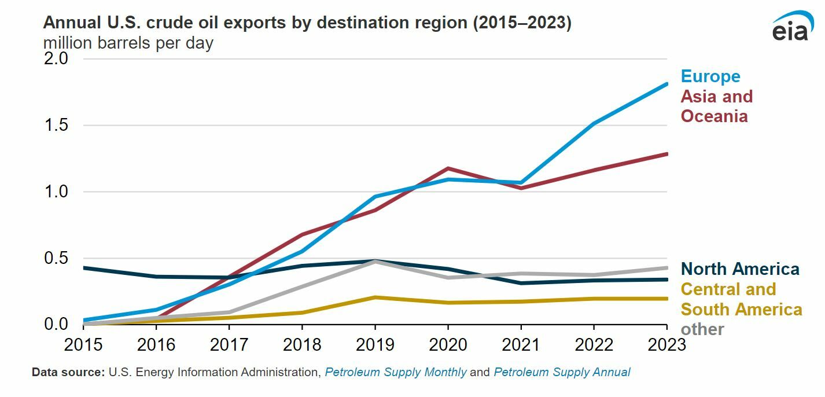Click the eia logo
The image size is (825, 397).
coord(792,26)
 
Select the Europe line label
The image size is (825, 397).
coord(710,76)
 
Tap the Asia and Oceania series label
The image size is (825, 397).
coord(716,106)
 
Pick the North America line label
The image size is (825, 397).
coord(740,269)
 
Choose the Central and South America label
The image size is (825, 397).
coord(741,299)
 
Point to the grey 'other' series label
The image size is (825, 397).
coord(702,329)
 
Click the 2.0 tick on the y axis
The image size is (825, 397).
coord(56,58)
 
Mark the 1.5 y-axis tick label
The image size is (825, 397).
coord(56,125)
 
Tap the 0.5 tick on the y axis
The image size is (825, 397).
coord(56,258)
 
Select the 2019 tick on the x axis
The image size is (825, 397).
coord(375,344)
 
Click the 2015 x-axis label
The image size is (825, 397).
coord(84,344)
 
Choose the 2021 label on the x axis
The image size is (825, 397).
coord(521,344)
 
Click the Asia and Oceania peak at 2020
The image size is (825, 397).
coord(448,168)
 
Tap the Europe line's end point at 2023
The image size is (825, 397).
coord(666,84)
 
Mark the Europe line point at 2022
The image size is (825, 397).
coord(594,123)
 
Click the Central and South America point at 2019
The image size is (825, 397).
coord(375,297)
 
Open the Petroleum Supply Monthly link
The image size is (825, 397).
coord(395,372)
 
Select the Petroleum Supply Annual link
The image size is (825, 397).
coord(561,372)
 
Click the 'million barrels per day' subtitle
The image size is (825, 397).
coord(128,43)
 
